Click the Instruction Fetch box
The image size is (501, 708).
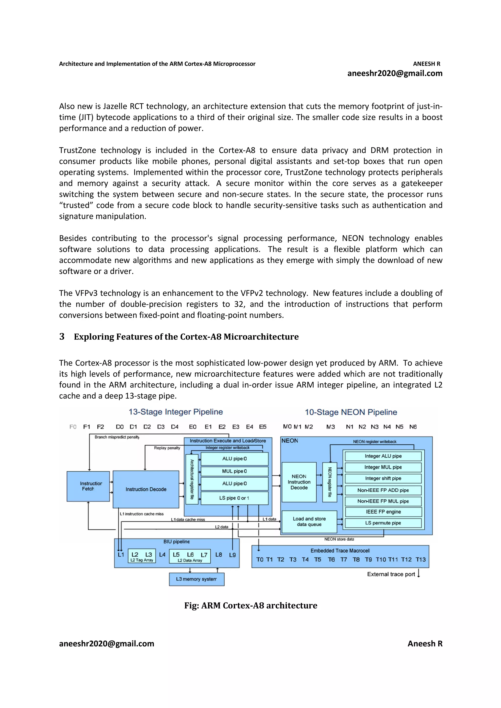88,486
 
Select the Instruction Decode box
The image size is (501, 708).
146,489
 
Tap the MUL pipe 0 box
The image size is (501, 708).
234,471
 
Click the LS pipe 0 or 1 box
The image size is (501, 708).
234,498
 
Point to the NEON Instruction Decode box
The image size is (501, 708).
299,482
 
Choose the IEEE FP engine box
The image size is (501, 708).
383,512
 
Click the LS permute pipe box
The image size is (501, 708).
383,523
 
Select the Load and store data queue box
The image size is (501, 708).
309,522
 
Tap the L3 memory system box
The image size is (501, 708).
196,579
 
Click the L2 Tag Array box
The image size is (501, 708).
142,556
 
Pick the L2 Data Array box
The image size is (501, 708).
190,556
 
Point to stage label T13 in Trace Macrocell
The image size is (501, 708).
421,560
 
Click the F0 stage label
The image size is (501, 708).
73,427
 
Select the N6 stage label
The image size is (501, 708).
413,427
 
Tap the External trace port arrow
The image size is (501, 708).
419,574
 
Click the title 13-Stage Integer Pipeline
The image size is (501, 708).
176,412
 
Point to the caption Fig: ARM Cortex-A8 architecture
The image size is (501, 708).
251,605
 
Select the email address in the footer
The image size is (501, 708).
106,644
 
